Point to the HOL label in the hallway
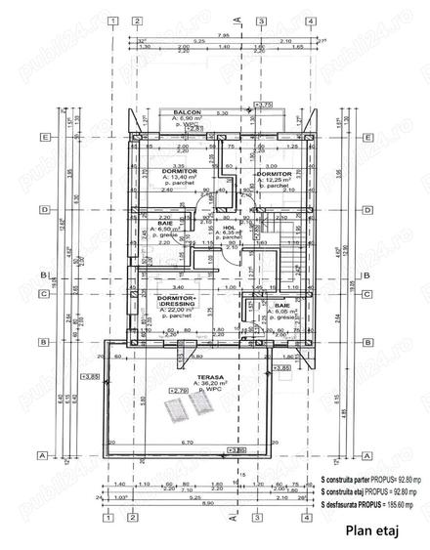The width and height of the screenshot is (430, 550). [229, 228]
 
